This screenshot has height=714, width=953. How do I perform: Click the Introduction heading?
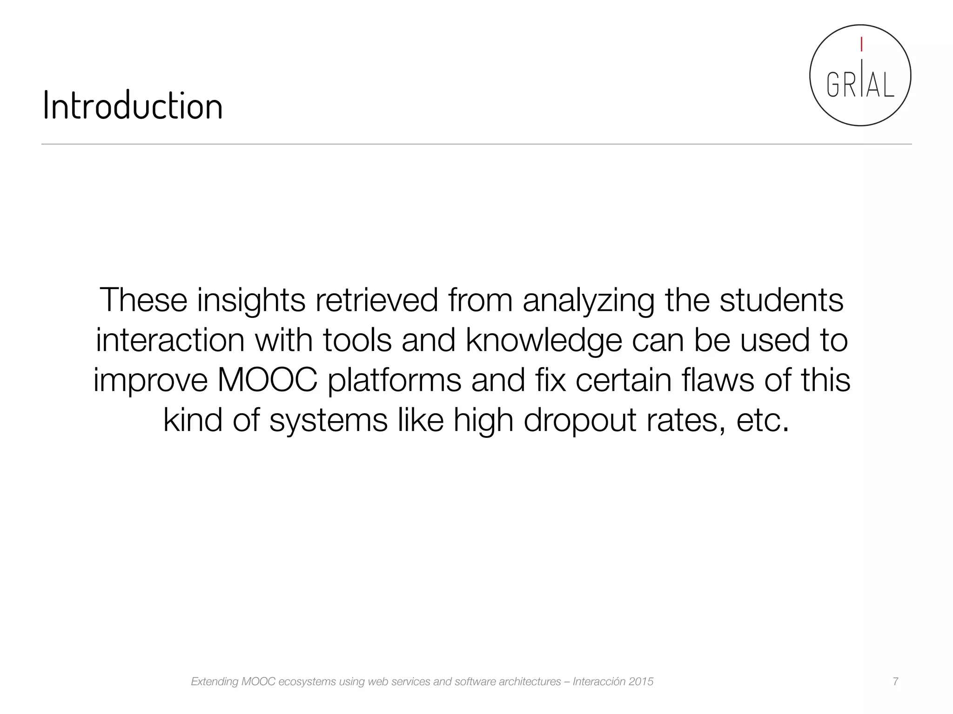tap(133, 106)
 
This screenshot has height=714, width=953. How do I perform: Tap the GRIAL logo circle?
tap(860, 75)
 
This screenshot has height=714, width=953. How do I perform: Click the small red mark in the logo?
tap(861, 44)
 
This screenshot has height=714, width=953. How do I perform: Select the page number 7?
tap(895, 681)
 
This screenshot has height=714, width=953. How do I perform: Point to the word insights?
tap(251, 301)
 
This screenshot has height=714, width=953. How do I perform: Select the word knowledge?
tap(544, 341)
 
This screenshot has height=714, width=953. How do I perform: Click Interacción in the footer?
tap(598, 681)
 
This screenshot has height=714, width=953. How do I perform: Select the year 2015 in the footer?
tap(641, 681)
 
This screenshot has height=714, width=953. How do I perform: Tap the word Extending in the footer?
tap(214, 682)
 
